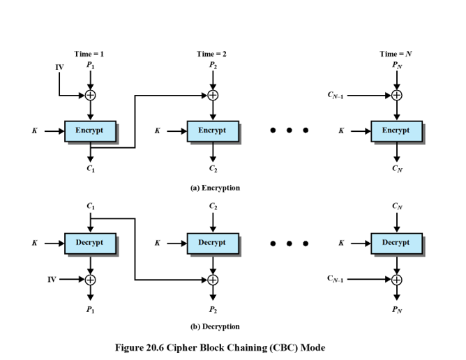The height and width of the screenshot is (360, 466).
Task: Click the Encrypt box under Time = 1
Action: [x=90, y=130]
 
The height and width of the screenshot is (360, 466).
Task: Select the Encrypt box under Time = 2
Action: [x=212, y=130]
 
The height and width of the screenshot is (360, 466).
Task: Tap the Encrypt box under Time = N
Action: [x=396, y=130]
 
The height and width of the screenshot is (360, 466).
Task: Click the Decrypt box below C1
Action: [x=90, y=243]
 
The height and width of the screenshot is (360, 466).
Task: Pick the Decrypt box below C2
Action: [x=212, y=243]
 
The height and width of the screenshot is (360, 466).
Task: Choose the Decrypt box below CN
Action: [x=396, y=243]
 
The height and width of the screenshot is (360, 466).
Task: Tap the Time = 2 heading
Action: [x=212, y=54]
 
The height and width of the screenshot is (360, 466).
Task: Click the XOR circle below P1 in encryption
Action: [x=90, y=96]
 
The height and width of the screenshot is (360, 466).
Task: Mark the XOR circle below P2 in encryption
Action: [x=213, y=96]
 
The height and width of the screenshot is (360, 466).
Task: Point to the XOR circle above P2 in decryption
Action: [x=213, y=280]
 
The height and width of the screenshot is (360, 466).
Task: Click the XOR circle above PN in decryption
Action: [x=396, y=280]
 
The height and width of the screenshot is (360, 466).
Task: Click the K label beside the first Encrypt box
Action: [x=34, y=130]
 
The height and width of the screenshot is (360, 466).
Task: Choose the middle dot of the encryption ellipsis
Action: [x=289, y=130]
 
